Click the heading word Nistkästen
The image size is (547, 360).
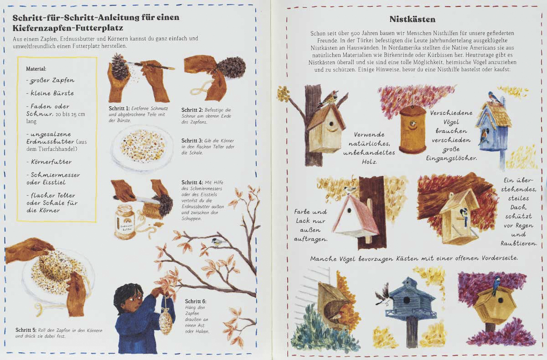tap(412, 19)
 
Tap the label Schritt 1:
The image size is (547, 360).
tap(119, 108)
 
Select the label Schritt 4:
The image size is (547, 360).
tap(192, 183)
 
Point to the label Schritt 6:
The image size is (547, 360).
tap(196, 301)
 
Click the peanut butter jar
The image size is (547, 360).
tap(125, 222)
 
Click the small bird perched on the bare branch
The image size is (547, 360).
tap(217, 242)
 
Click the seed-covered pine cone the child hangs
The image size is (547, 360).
tap(166, 321)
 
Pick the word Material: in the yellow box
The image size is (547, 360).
tap(36, 69)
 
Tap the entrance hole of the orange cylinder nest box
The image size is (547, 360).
tap(412, 124)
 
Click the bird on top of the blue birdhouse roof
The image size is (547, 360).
tap(493, 97)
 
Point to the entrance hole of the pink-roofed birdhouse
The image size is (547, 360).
tap(349, 210)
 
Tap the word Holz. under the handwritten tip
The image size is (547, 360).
tap(369, 162)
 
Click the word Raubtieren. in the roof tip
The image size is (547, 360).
tap(519, 244)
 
